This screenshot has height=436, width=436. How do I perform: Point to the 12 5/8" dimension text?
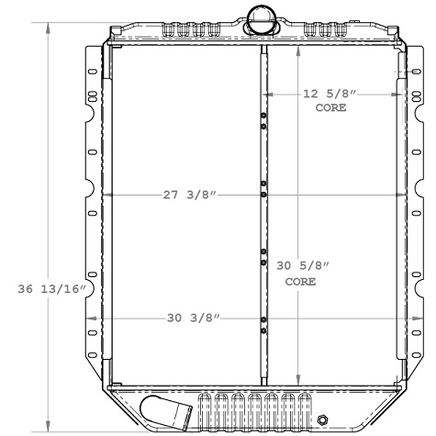coord(329,94)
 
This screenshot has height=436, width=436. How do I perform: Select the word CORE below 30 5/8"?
coord(301,282)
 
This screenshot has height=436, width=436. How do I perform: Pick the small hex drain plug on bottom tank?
coord(320,421)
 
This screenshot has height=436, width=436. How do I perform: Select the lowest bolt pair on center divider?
coord(263,326)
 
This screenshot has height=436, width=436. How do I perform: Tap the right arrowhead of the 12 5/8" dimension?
coord(398,94)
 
